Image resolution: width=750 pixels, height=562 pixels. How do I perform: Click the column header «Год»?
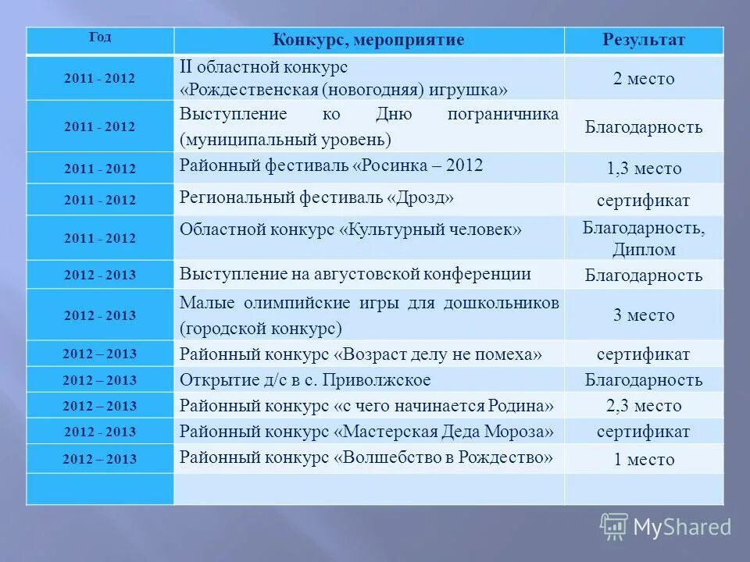coord(100,37)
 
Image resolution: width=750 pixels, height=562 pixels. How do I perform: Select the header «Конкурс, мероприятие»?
coord(368,40)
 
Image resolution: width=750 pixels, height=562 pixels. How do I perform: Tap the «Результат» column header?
coord(644,40)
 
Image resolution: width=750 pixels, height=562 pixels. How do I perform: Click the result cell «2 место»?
coord(644,79)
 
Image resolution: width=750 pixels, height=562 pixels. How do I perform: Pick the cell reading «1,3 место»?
coord(644,169)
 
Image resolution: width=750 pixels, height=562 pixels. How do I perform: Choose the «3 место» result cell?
coord(644,315)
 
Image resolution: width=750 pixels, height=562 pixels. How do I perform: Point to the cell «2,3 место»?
coord(644,406)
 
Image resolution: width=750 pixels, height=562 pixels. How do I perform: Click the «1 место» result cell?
coord(644,459)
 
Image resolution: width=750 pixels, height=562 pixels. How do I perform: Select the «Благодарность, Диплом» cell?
coord(644,239)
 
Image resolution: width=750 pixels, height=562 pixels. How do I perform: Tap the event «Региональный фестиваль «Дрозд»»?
coord(316,198)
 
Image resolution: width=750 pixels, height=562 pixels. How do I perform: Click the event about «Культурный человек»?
coord(351,229)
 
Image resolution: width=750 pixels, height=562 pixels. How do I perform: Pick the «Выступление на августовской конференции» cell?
coord(355,274)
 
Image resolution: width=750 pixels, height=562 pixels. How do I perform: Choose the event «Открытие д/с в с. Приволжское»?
coord(305,380)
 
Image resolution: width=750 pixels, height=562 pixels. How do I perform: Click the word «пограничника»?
coord(503,115)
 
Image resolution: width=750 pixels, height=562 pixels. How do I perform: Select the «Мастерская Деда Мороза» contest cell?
coord(367,431)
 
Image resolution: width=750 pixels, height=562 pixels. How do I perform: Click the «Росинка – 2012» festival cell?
coord(331,165)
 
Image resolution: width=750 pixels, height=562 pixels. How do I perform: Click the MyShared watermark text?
coord(682,527)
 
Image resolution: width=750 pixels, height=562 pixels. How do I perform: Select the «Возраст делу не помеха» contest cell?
coord(361,354)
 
